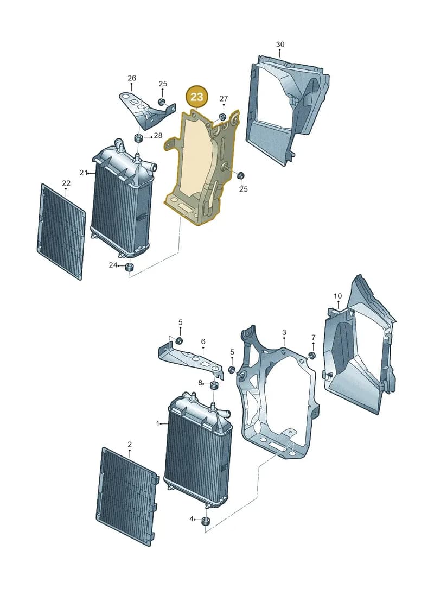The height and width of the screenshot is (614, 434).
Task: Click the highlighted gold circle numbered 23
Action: (197, 96)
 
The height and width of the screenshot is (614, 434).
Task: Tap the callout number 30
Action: (280, 45)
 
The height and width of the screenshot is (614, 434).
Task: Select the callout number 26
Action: (132, 78)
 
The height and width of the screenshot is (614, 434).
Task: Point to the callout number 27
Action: (224, 99)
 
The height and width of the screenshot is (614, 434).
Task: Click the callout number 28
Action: (158, 136)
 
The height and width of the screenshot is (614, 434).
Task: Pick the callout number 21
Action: (84, 172)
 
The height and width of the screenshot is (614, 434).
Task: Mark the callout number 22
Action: (66, 183)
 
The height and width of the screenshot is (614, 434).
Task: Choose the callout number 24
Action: (113, 265)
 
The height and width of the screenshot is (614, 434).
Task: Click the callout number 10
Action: (338, 296)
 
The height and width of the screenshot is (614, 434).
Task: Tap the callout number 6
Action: (203, 341)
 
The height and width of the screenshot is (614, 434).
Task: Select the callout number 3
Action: (284, 332)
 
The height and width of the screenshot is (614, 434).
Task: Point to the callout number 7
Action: (313, 337)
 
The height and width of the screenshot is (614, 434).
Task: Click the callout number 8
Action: (200, 383)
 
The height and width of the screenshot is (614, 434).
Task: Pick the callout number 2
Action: (130, 445)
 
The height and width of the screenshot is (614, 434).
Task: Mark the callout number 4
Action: (192, 519)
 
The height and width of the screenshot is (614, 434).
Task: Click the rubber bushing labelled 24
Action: (129, 268)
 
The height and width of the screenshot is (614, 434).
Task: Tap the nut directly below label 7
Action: (312, 356)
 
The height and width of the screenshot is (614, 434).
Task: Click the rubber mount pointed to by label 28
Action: (138, 138)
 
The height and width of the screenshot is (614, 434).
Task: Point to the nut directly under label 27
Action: (222, 117)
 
